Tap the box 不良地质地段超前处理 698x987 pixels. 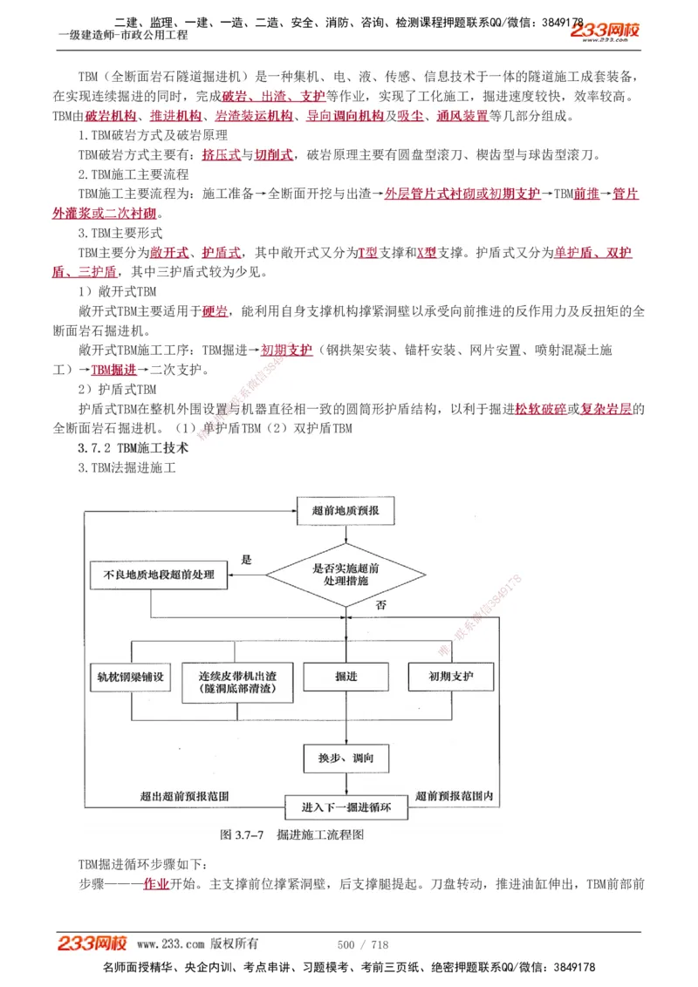click(159, 575)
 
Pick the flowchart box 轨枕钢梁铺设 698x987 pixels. click(132, 677)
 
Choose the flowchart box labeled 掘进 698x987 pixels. click(346, 677)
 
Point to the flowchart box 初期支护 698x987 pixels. click(450, 677)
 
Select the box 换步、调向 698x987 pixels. click(346, 759)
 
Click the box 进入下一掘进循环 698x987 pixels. click(346, 807)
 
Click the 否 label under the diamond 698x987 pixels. click(381, 605)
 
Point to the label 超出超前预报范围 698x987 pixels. click(185, 796)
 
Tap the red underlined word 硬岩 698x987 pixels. click(216, 311)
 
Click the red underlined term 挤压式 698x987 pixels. click(221, 155)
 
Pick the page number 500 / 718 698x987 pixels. click(362, 944)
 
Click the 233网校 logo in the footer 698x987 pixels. click(92, 943)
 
